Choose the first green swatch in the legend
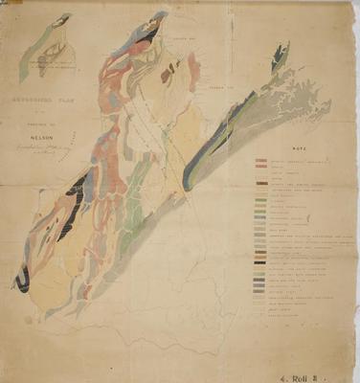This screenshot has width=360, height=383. pos(260,199)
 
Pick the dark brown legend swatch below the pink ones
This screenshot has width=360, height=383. pos(260,178)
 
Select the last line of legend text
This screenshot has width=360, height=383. pos(287,316)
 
